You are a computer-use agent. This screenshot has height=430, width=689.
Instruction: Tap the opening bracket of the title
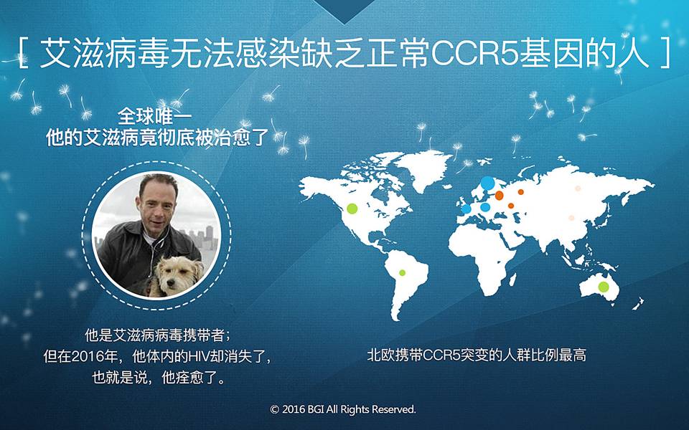pyautogui.click(x=24, y=54)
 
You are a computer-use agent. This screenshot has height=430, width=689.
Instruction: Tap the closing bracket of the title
pyautogui.click(x=665, y=54)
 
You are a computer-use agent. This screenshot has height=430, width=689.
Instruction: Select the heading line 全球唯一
pyautogui.click(x=155, y=116)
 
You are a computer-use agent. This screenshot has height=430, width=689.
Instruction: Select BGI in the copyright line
pyautogui.click(x=316, y=409)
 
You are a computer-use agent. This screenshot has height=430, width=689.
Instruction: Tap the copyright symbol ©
pyautogui.click(x=274, y=410)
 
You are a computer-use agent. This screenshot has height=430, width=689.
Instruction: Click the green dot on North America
pyautogui.click(x=352, y=209)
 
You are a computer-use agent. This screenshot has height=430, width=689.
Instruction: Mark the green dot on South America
pyautogui.click(x=402, y=273)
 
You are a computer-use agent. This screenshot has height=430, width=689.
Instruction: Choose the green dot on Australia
pyautogui.click(x=604, y=287)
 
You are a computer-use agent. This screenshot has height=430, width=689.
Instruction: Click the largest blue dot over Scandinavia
pyautogui.click(x=487, y=183)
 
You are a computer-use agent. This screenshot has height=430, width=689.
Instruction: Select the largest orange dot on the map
pyautogui.click(x=500, y=195)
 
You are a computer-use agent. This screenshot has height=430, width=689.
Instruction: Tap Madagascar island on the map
pyautogui.click(x=512, y=279)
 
